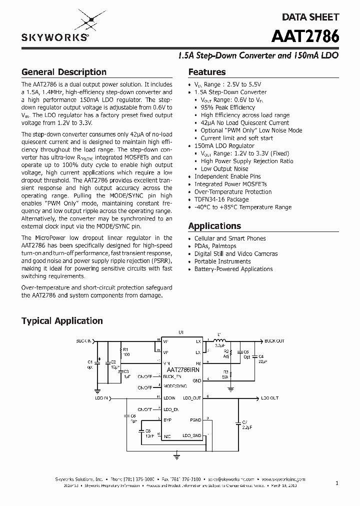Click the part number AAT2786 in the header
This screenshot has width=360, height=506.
click(306, 37)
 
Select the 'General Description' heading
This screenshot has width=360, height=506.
click(63, 72)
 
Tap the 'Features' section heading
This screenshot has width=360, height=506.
click(206, 72)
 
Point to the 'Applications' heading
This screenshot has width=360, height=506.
click(214, 226)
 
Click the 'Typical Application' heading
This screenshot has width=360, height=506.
click(62, 321)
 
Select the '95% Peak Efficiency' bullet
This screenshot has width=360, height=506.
click(227, 107)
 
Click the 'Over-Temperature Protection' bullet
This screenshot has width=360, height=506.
click(233, 192)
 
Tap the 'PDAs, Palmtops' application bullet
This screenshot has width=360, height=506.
click(215, 246)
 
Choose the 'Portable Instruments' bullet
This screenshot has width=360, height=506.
click(222, 261)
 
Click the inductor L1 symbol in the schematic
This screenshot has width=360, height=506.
click(218, 340)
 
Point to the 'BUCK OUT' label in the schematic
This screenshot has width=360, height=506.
click(274, 341)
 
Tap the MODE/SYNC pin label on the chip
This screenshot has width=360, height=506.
click(174, 386)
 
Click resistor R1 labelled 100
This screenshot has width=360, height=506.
click(121, 351)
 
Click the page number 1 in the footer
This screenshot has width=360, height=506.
click(337, 483)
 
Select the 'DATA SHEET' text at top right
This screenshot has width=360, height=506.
click(310, 17)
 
